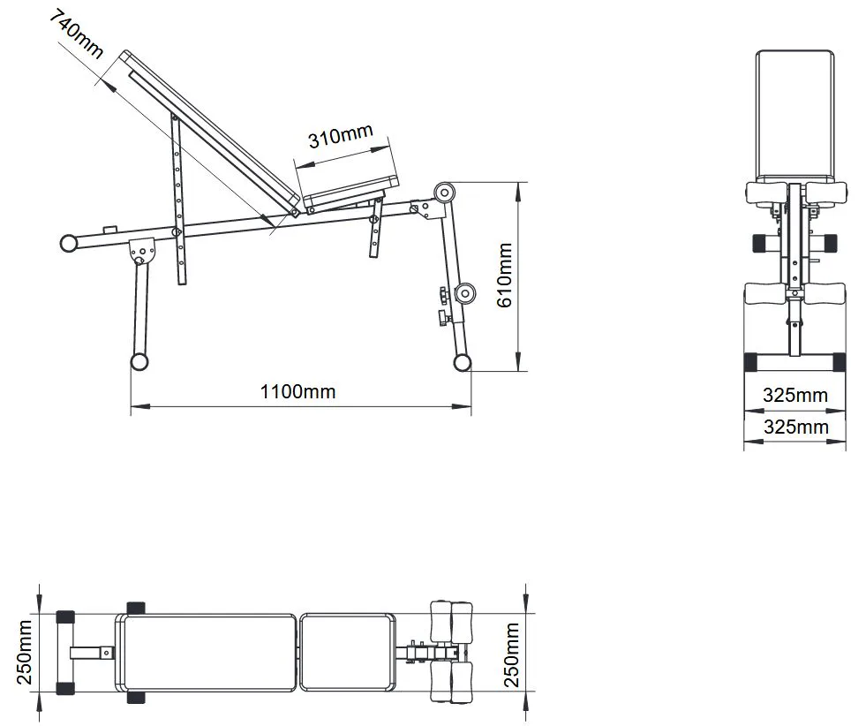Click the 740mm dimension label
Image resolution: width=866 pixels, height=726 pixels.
[76, 34]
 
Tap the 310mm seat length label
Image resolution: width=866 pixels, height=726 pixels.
[340, 136]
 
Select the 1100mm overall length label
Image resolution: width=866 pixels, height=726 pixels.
[297, 392]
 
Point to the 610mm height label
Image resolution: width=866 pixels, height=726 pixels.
[505, 276]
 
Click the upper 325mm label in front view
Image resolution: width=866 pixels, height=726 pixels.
[795, 395]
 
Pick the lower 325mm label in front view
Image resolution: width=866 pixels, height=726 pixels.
[796, 427]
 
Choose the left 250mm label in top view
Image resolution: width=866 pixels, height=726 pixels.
[25, 652]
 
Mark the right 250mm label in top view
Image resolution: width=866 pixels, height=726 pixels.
[511, 654]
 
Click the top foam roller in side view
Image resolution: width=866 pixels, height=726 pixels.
[444, 193]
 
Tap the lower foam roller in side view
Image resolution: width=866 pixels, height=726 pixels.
[465, 293]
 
